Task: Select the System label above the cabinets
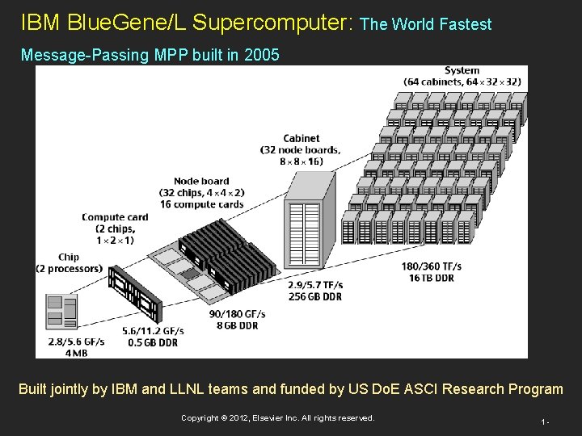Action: coord(462,70)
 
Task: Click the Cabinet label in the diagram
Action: coord(301,138)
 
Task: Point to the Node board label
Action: coord(201,181)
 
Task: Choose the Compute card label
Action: coord(115,216)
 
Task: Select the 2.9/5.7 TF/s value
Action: coord(315,284)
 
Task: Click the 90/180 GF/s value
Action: coord(235,313)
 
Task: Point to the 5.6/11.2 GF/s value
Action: coord(153,331)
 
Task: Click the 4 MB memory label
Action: coord(78,353)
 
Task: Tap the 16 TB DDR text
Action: coord(432,277)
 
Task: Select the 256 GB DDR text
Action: coord(315,296)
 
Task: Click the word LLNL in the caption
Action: coord(219,389)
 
